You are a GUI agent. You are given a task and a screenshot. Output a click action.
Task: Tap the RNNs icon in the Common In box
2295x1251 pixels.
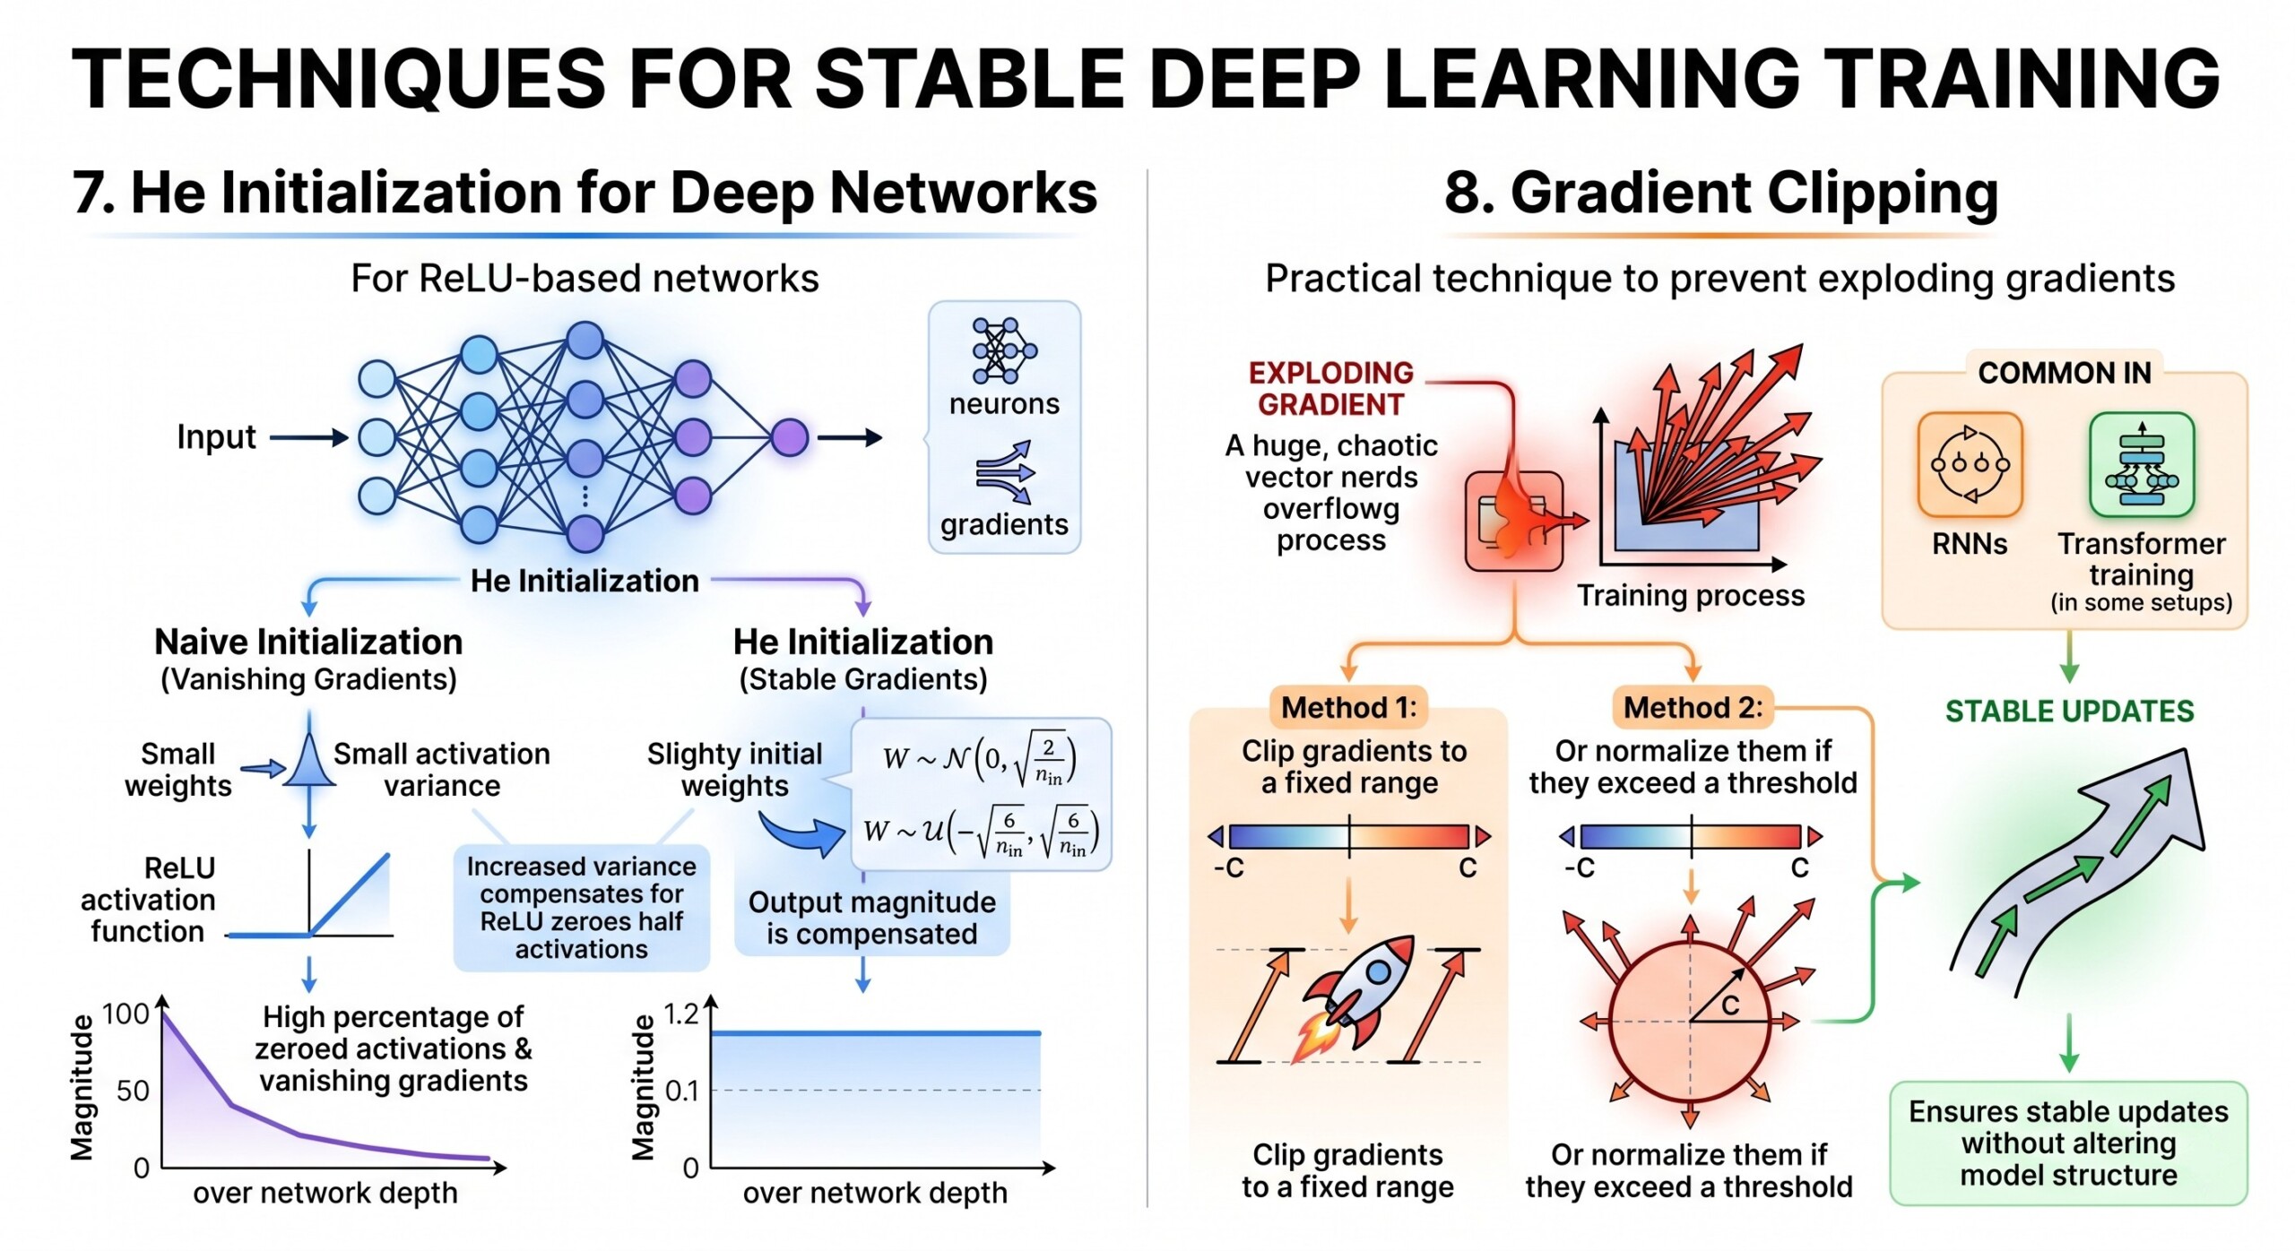[x=1969, y=464]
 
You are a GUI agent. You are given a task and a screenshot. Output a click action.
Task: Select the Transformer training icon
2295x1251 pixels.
[x=2141, y=464]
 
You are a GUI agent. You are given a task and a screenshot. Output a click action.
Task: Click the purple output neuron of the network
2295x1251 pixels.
[x=789, y=437]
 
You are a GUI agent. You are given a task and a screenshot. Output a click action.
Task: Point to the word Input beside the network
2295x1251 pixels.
[x=216, y=437]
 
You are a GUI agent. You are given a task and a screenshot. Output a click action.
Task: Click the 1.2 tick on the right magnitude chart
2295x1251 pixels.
[x=680, y=1014]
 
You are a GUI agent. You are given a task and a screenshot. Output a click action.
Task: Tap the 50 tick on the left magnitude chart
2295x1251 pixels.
[x=133, y=1091]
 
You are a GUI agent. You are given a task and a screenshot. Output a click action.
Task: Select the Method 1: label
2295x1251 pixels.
[x=1348, y=708]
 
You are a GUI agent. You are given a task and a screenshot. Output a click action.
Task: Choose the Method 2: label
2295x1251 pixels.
[x=1693, y=708]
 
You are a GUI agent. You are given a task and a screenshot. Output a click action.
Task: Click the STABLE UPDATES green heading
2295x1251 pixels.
[x=2069, y=712]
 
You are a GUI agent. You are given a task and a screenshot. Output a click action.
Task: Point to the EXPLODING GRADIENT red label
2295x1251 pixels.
[x=1330, y=389]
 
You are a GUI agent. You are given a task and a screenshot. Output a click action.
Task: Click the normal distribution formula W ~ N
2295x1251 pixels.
[x=979, y=759]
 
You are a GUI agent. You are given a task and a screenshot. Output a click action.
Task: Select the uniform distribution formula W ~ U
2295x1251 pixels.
[x=979, y=833]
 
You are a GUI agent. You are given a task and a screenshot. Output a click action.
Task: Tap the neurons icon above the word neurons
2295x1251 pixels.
[x=1003, y=350]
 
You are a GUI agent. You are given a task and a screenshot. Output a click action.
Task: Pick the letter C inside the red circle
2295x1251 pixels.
[x=1729, y=1005]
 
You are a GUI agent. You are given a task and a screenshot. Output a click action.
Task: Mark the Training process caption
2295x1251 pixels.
[x=1690, y=596]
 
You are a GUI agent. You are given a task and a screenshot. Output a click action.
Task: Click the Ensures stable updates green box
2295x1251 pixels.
[x=2068, y=1143]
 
